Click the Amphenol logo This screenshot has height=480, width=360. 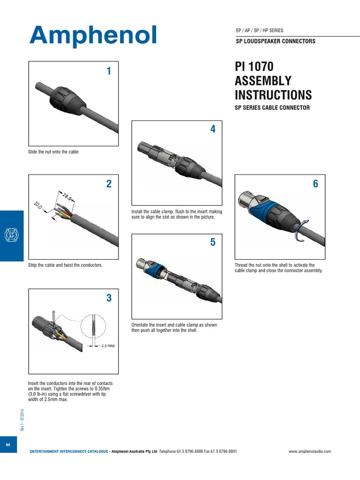93,35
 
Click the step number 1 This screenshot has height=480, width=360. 109,72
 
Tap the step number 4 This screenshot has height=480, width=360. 213,129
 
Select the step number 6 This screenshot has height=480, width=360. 315,184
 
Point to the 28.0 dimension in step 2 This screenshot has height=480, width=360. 66,196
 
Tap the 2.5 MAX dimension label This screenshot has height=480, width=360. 108,345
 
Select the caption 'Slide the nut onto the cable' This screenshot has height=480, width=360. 53,152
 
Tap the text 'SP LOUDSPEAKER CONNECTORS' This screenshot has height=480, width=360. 275,41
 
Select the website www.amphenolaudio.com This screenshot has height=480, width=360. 310,451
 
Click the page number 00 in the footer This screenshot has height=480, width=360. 8,444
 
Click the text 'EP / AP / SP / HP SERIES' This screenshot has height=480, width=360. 260,30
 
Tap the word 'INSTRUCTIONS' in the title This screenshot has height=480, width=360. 273,95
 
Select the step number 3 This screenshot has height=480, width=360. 109,298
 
